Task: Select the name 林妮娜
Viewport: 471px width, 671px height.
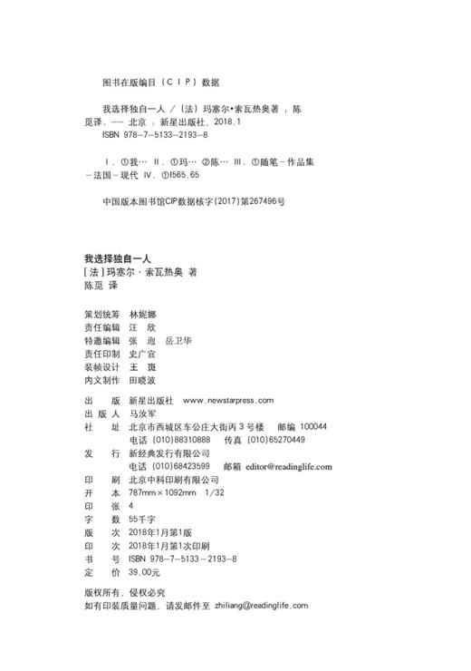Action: click(x=143, y=314)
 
